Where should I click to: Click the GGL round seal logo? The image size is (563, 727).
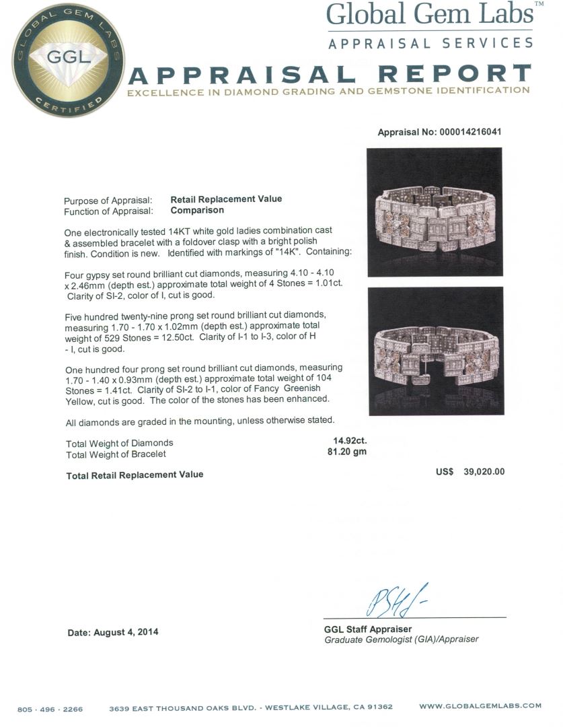[x=68, y=59]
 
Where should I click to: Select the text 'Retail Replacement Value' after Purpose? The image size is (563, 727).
[x=226, y=199]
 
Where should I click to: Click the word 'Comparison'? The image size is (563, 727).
[x=197, y=211]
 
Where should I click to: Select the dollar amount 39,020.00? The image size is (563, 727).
[x=484, y=472]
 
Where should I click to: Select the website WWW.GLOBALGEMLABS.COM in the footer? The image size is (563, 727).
[x=480, y=706]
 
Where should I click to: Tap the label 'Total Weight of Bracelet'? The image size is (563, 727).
[x=116, y=454]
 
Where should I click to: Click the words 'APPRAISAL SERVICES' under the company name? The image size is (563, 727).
[x=430, y=43]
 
